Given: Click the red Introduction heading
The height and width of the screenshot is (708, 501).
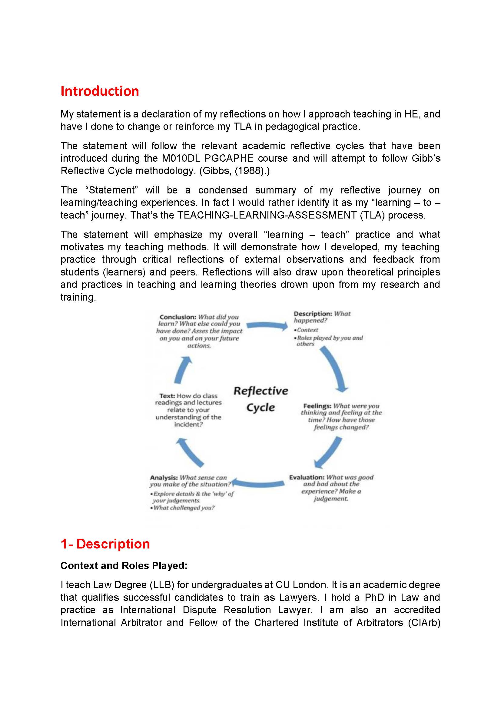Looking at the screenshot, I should point(100,91).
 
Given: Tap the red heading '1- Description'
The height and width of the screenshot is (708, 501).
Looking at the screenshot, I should point(105,544).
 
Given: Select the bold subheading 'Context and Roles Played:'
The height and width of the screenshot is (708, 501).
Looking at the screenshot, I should point(124,565).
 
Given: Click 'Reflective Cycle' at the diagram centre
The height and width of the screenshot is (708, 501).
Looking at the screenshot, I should point(261,399).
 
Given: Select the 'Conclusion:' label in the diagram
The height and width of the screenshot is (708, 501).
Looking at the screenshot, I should point(178,317).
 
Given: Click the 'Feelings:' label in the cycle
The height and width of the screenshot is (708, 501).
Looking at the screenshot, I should point(317,406).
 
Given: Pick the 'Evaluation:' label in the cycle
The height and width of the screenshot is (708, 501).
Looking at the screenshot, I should point(307,477).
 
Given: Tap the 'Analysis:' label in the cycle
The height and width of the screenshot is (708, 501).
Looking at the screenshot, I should point(164,478).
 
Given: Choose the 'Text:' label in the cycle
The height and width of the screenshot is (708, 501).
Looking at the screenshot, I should point(167,396).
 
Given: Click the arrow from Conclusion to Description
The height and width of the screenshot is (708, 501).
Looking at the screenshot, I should point(267,325).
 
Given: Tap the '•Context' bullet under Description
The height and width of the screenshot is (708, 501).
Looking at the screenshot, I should point(306,330).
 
